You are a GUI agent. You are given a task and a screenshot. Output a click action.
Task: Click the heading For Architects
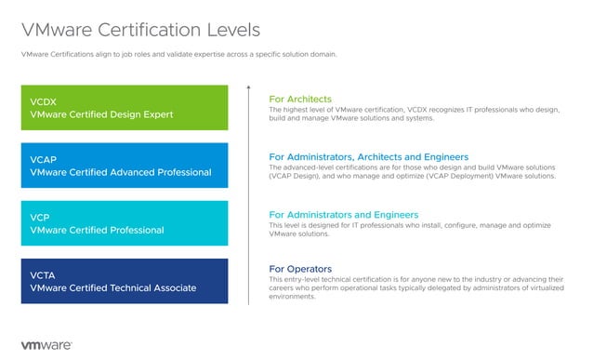tap(299, 99)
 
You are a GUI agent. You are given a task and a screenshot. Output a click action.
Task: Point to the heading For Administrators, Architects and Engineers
tap(368, 156)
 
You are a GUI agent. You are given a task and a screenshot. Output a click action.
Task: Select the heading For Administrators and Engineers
tap(343, 215)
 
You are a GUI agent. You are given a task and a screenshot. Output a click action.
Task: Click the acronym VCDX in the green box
tap(43, 101)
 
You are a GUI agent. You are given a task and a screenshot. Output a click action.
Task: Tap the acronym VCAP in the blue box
tap(43, 159)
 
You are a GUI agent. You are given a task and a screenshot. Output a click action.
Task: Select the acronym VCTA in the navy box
tap(43, 274)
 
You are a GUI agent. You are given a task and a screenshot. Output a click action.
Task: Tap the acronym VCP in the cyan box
tap(40, 217)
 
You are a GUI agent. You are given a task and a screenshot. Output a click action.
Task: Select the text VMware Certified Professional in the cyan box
tap(97, 230)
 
